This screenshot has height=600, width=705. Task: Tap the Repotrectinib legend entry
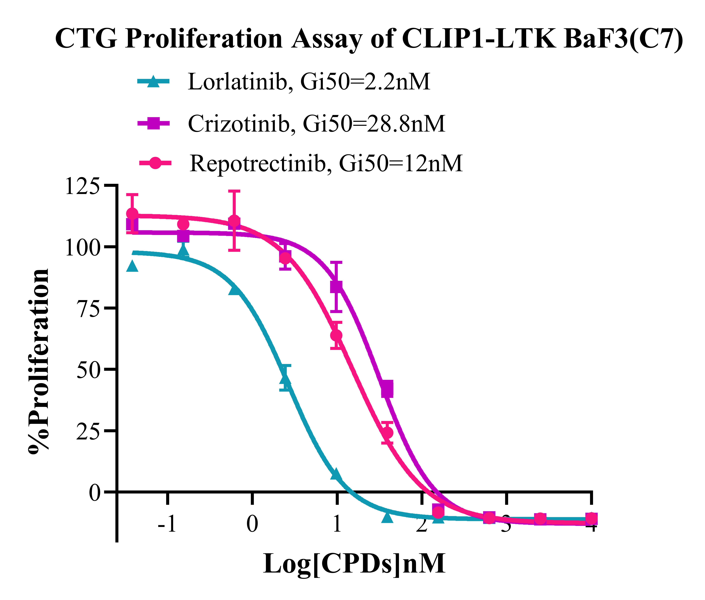tap(326, 164)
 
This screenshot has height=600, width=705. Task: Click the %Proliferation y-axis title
tap(38, 360)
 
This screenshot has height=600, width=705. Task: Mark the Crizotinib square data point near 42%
tap(387, 388)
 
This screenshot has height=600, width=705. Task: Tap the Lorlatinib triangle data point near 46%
tap(285, 378)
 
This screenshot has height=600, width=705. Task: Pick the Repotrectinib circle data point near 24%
tap(387, 433)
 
